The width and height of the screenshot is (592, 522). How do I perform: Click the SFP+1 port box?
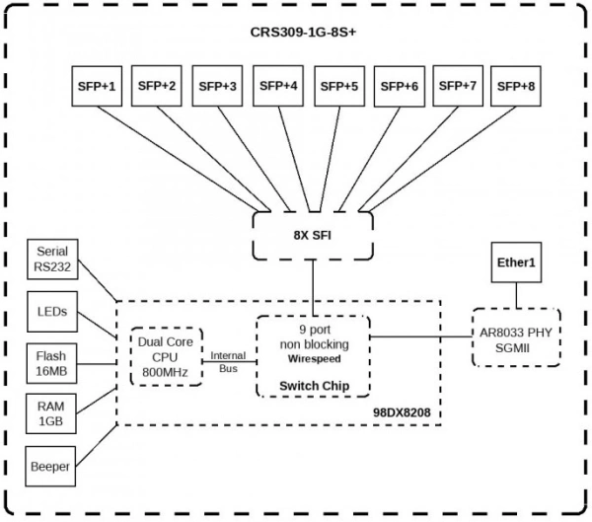tap(97, 86)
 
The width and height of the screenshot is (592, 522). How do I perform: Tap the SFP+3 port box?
tap(217, 86)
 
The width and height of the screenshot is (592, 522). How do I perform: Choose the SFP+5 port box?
tap(339, 86)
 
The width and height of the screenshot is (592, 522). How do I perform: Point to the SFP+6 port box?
tap(400, 86)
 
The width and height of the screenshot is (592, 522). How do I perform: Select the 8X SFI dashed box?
tap(313, 236)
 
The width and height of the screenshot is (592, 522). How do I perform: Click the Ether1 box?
tap(516, 264)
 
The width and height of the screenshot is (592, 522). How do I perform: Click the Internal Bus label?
tap(228, 360)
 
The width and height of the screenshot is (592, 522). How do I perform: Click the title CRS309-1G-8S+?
tap(297, 33)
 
